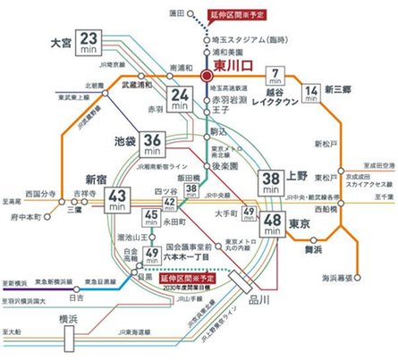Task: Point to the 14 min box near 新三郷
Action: (x=312, y=92)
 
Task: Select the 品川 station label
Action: (x=260, y=300)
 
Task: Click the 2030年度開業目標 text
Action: (x=200, y=288)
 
